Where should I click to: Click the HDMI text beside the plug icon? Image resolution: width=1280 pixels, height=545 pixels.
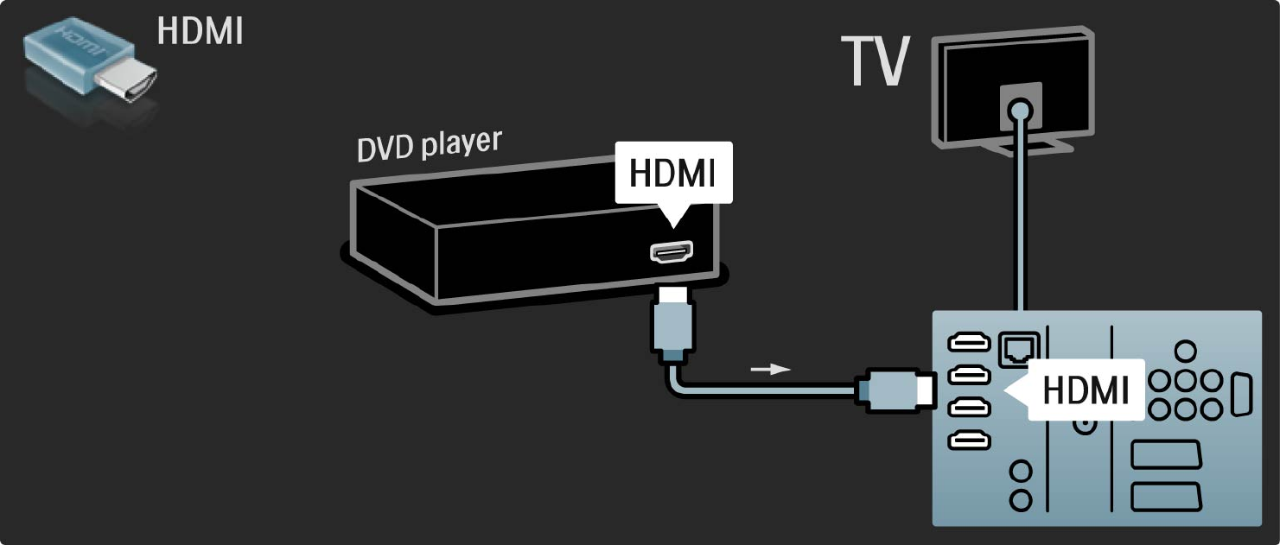(x=200, y=31)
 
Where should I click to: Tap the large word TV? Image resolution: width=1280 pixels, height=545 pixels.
(x=875, y=63)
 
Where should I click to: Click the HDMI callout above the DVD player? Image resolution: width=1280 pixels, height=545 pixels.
(x=672, y=173)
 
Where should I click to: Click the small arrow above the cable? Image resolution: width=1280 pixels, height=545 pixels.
(x=770, y=370)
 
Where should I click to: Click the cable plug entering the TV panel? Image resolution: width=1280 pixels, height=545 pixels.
(x=895, y=390)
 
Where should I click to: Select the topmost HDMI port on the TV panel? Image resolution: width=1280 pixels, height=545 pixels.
(x=969, y=343)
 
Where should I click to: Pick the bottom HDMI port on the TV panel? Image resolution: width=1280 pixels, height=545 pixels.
(x=969, y=440)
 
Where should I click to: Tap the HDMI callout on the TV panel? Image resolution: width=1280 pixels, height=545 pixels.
(x=1084, y=390)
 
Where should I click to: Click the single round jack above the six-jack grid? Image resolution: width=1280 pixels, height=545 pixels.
(x=1187, y=351)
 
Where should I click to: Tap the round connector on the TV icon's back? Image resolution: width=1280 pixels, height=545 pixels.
(x=1021, y=110)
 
